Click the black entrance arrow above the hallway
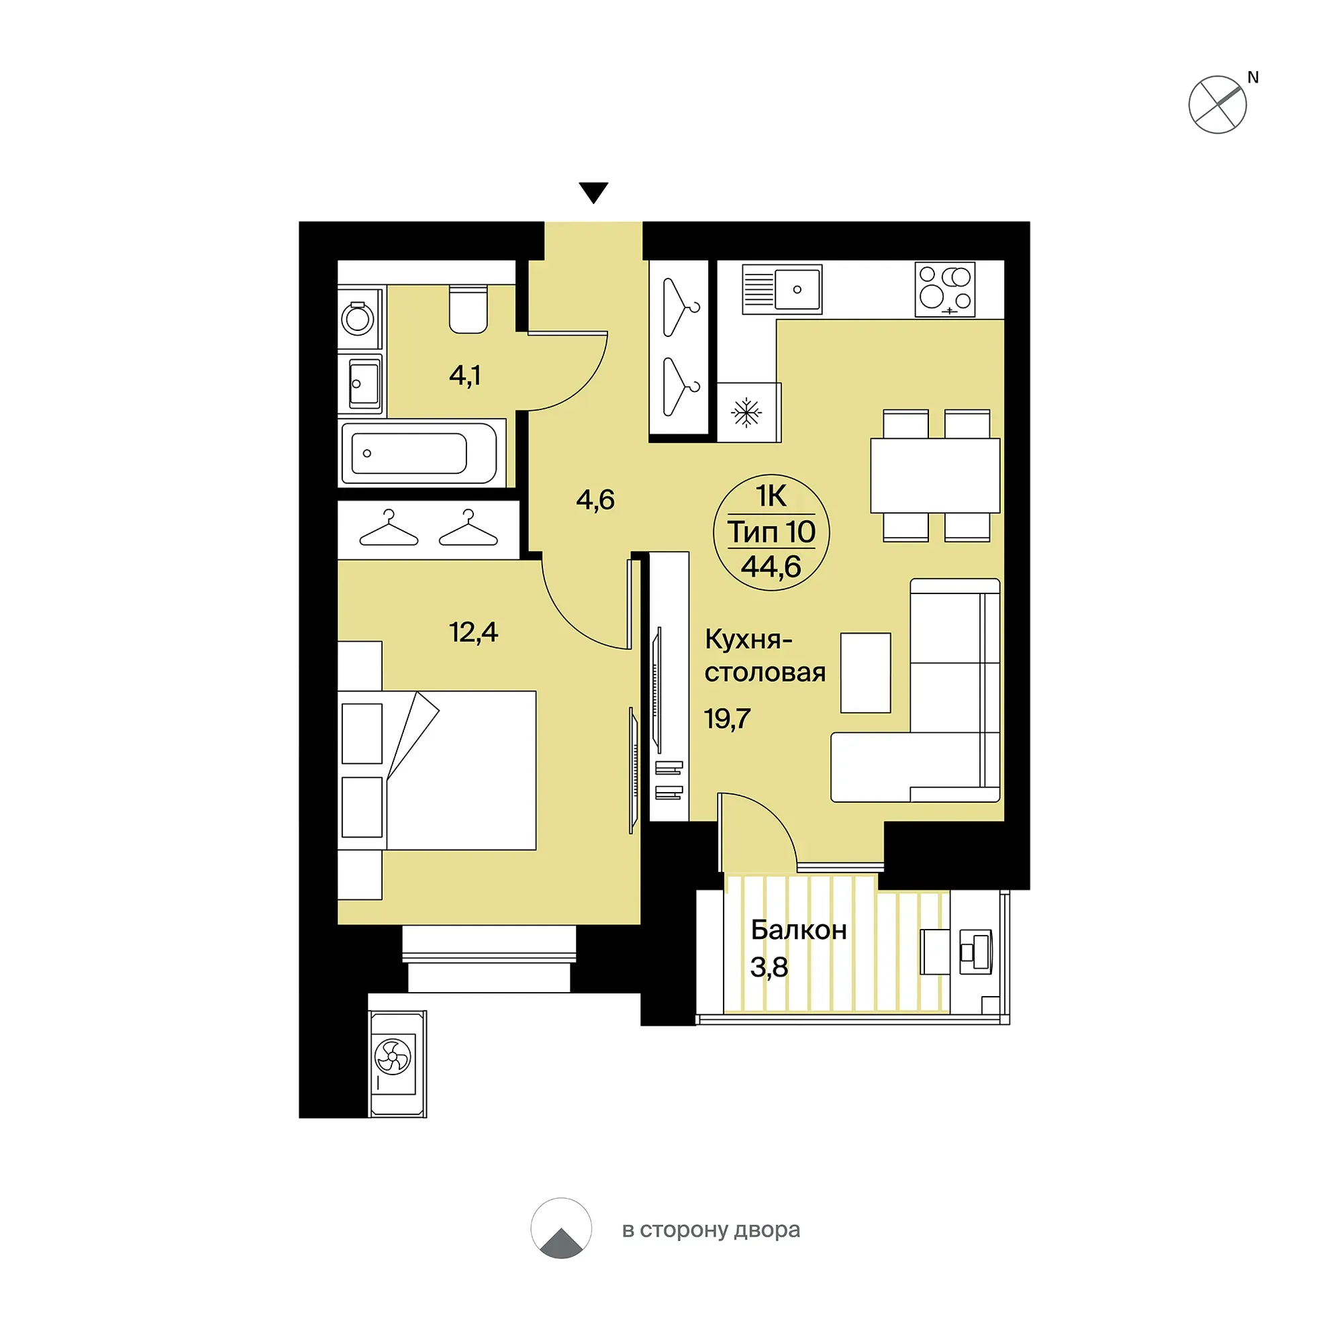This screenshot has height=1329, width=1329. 593,192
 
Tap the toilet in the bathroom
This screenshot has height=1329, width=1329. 469,309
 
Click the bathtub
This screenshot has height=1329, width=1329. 419,453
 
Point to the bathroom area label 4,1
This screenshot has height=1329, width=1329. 465,376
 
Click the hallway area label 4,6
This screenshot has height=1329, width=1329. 595,499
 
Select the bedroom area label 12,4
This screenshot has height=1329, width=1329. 473,632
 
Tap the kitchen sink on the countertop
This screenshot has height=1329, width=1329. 782,289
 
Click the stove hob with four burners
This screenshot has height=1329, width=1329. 945,290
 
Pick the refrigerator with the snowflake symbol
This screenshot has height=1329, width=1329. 748,413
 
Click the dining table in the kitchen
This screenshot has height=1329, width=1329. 935,476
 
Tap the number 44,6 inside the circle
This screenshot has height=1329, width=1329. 771,566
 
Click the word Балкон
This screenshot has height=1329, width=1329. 799,930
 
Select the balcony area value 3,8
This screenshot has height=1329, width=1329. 769,967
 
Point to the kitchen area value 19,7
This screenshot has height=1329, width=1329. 727,719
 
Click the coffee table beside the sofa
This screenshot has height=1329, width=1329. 865,673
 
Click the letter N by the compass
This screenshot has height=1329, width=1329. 1252,78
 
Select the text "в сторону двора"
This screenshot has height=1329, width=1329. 711,1230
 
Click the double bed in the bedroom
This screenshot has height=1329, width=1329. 437,771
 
